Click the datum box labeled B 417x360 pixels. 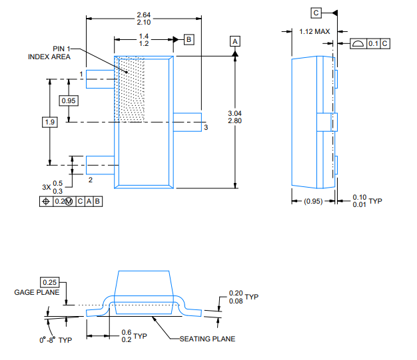pos(189,40)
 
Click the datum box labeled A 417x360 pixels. pos(234,41)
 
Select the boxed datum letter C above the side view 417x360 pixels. pos(316,13)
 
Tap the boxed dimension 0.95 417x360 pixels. pos(69,100)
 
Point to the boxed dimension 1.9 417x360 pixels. pos(49,122)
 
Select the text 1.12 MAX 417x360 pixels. pos(314,31)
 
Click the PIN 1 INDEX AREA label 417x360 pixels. pos(49,53)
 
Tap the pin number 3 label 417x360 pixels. pos(206,127)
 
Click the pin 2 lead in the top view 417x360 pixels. pos(101,162)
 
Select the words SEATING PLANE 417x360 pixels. pos(207,339)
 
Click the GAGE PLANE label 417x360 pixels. pos(37,292)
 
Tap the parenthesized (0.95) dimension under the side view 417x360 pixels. pos(313,201)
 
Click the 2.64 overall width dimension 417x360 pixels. pos(143,14)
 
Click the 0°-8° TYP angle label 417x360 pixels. pos(55,340)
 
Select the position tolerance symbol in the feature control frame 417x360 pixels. pos(46,201)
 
